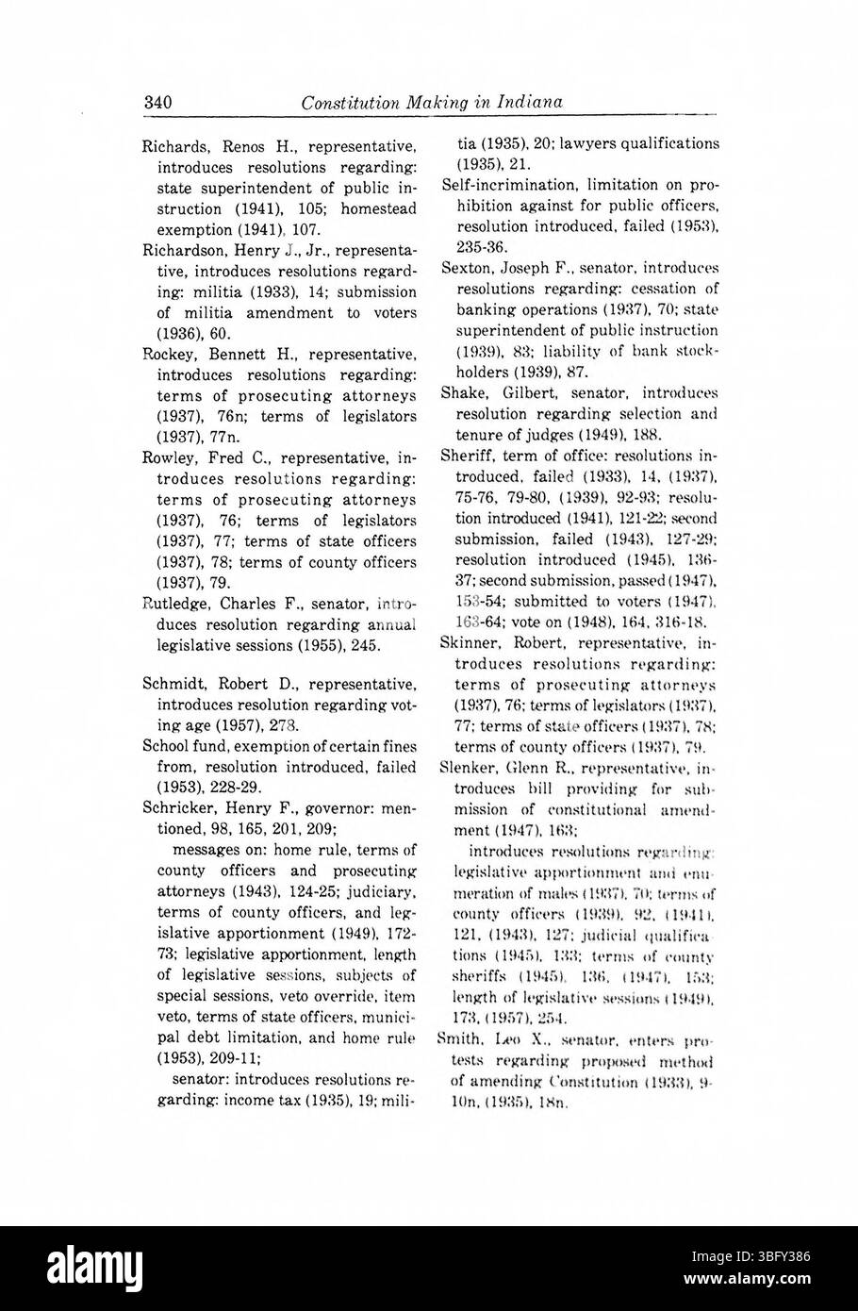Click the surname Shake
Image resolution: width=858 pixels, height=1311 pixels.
tap(461, 392)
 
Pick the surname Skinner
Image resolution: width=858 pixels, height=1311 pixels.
tap(469, 641)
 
